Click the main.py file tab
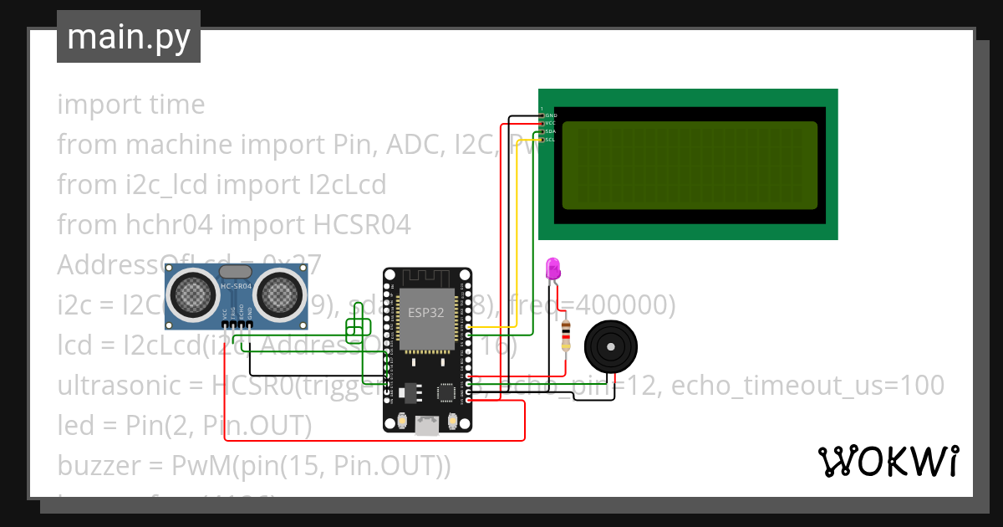tap(128, 37)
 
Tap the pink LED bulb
tap(552, 269)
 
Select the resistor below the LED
tap(567, 335)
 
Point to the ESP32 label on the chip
tap(426, 313)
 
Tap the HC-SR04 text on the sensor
tap(237, 287)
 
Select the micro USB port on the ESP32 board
tap(427, 426)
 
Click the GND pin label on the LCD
tap(550, 115)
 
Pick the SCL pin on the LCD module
tap(550, 140)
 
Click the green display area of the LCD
tap(690, 165)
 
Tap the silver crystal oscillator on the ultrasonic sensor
tap(237, 270)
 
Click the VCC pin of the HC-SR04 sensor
tap(224, 323)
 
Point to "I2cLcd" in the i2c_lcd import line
tap(344, 184)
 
